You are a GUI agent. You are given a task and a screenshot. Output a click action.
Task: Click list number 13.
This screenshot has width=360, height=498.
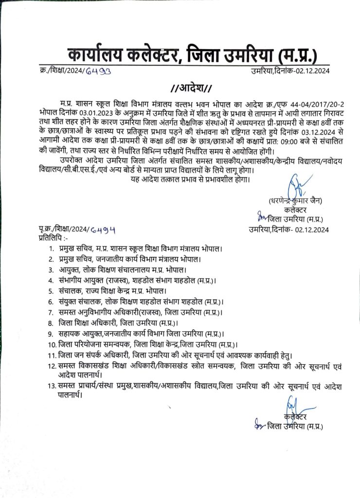tap(51, 387)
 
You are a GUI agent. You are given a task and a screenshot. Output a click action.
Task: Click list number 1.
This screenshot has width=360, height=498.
tap(51, 249)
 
